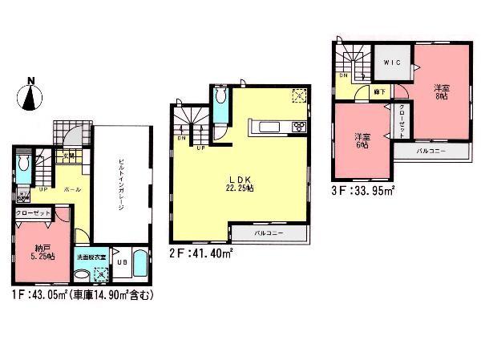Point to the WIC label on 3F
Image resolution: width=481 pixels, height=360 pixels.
pos(392,63)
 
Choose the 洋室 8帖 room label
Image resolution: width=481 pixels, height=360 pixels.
pos(442,92)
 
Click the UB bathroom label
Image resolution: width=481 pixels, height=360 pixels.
pos(122,261)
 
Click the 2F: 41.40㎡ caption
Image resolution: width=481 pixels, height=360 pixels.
pos(200,253)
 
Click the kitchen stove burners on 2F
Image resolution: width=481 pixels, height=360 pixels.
pos(298,126)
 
